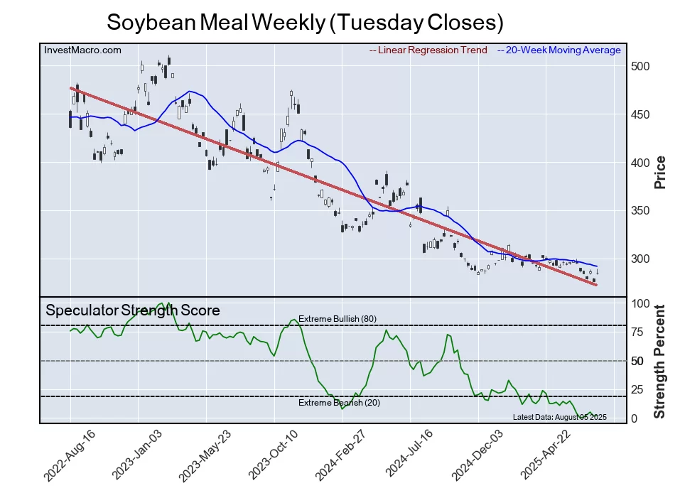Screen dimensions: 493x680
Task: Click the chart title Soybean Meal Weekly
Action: click(x=305, y=22)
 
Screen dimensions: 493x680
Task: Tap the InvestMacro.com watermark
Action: click(x=82, y=50)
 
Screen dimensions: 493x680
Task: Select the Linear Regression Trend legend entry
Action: click(x=428, y=50)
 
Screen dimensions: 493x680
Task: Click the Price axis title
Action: click(x=659, y=171)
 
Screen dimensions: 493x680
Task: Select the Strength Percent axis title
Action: click(x=659, y=361)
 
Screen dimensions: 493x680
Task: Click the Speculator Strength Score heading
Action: click(x=133, y=310)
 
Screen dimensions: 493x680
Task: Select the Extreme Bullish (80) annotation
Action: click(x=337, y=319)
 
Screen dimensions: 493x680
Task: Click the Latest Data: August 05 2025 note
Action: click(x=559, y=416)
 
